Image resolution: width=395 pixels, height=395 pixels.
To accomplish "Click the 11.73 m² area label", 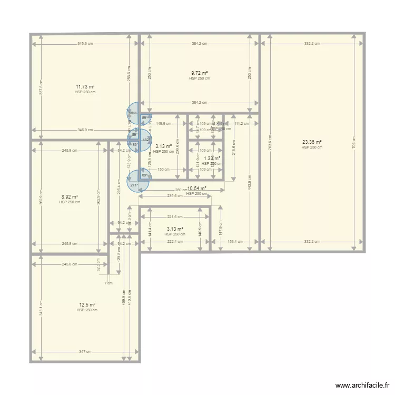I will (x=85, y=86).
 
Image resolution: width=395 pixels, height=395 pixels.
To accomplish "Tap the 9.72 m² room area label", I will (x=199, y=73).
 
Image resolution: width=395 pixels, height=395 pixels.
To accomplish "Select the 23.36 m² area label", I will (x=312, y=142).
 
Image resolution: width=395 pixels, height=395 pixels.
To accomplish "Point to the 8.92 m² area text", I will (x=69, y=197).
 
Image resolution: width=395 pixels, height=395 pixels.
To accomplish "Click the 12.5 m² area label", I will (x=87, y=305).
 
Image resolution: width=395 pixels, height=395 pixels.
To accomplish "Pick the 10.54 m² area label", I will (x=196, y=188).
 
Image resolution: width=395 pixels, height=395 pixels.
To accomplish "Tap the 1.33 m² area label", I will (x=212, y=158).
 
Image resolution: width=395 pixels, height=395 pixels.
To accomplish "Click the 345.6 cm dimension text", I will (x=85, y=44).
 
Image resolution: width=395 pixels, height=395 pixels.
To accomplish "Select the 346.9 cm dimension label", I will (x=85, y=130).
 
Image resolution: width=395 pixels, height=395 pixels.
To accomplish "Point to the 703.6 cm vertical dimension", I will (x=270, y=142).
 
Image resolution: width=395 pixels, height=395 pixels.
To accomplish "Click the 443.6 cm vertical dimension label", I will (x=248, y=182).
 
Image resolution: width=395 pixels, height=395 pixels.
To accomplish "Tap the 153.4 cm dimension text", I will (x=235, y=242).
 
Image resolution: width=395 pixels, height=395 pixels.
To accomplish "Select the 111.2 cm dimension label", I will (x=242, y=124).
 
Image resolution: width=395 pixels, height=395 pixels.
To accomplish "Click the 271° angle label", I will (x=134, y=185).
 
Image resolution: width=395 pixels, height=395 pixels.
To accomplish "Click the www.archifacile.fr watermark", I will (x=361, y=386).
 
